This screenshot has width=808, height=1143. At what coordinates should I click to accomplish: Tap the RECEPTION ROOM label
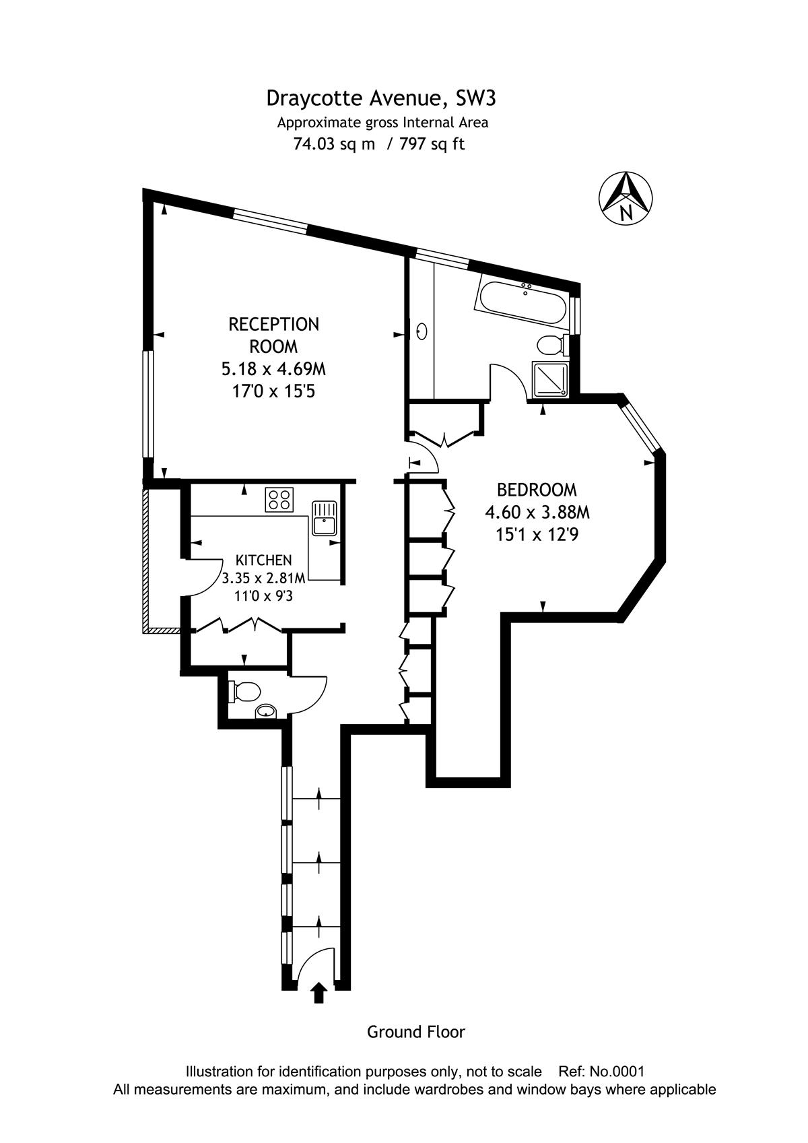(x=273, y=335)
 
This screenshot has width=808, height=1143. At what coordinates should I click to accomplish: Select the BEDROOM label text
(x=537, y=490)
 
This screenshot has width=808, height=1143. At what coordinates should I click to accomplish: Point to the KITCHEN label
(x=264, y=560)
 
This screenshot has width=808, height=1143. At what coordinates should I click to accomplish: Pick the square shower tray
(x=550, y=379)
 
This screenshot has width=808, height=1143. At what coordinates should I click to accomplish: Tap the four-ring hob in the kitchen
(x=279, y=500)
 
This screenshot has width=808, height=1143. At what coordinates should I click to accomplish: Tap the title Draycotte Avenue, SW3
(x=380, y=98)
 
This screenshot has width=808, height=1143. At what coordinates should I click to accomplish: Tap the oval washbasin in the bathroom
(x=422, y=331)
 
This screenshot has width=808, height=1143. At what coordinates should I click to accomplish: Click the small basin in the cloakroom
(x=265, y=711)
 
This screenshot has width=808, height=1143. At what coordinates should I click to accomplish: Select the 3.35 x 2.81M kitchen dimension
(x=264, y=579)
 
